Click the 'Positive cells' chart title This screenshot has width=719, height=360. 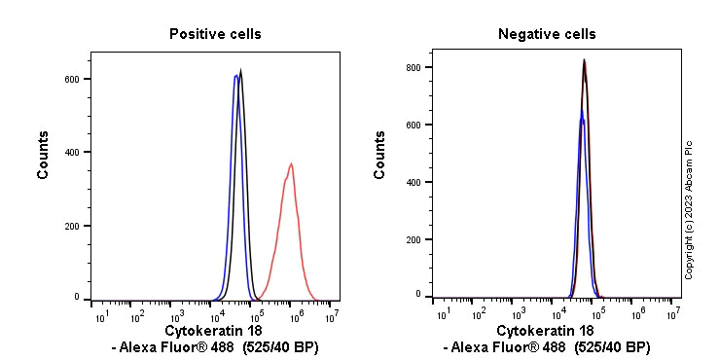(x=215, y=34)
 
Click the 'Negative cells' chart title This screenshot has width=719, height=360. (x=547, y=34)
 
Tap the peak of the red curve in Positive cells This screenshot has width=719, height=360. (x=290, y=164)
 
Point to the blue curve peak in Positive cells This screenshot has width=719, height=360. (x=235, y=76)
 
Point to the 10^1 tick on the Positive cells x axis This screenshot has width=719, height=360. (x=100, y=316)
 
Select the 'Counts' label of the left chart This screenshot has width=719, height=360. (x=44, y=154)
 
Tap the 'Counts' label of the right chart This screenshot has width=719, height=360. (x=380, y=154)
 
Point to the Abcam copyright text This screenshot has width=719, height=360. (x=689, y=210)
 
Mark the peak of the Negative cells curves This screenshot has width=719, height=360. (x=584, y=60)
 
